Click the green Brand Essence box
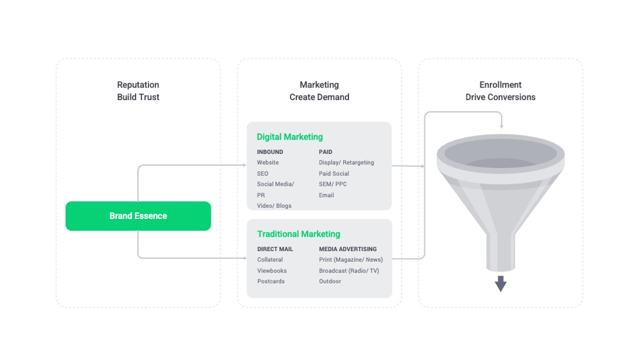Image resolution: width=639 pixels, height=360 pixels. (138, 216)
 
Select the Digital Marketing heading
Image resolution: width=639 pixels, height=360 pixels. (290, 137)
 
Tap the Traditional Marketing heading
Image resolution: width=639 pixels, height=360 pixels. (299, 234)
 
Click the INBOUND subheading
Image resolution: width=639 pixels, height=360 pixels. (270, 152)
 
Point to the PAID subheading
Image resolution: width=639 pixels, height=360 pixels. (325, 152)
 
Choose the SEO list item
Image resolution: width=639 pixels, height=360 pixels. (263, 173)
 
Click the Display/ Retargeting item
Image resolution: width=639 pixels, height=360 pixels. (346, 162)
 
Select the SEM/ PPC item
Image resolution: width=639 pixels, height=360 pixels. (333, 184)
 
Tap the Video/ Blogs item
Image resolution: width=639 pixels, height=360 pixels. (275, 205)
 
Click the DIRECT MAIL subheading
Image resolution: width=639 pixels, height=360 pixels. (275, 249)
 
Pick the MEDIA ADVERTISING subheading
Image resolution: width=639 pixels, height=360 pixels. (348, 249)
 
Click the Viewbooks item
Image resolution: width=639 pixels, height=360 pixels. (272, 271)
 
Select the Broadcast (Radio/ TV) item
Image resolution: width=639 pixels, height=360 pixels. (349, 271)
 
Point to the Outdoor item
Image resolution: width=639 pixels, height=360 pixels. (330, 281)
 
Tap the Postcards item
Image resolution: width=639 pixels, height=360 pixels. (271, 281)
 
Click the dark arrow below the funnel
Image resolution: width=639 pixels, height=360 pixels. (501, 284)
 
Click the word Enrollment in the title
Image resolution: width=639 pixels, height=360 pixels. (501, 85)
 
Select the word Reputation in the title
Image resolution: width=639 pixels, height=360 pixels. (138, 85)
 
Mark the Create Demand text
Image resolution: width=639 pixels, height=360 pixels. (319, 97)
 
